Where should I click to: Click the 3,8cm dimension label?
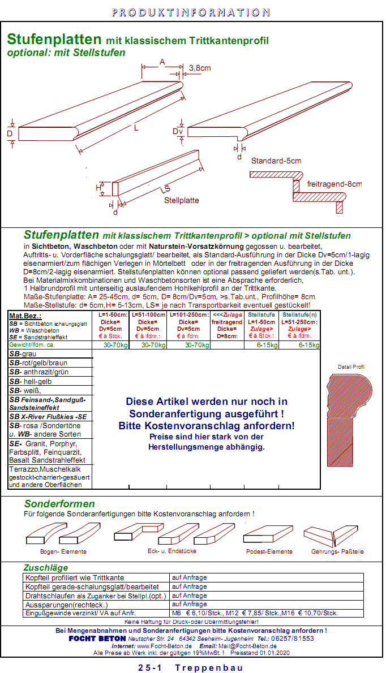pos(200,68)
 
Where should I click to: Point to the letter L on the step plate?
pos(136,128)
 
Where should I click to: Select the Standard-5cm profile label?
pos(276,161)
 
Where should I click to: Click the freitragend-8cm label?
pos(334,184)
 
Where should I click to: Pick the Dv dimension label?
pos(178,131)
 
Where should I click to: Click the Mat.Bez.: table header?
pos(25,316)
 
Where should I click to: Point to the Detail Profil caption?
pos(351,366)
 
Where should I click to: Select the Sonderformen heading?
pos(59,504)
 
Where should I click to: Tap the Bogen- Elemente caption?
pos(63,551)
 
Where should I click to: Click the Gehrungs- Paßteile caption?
pos(337,551)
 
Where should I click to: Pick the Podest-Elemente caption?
pos(269,551)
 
